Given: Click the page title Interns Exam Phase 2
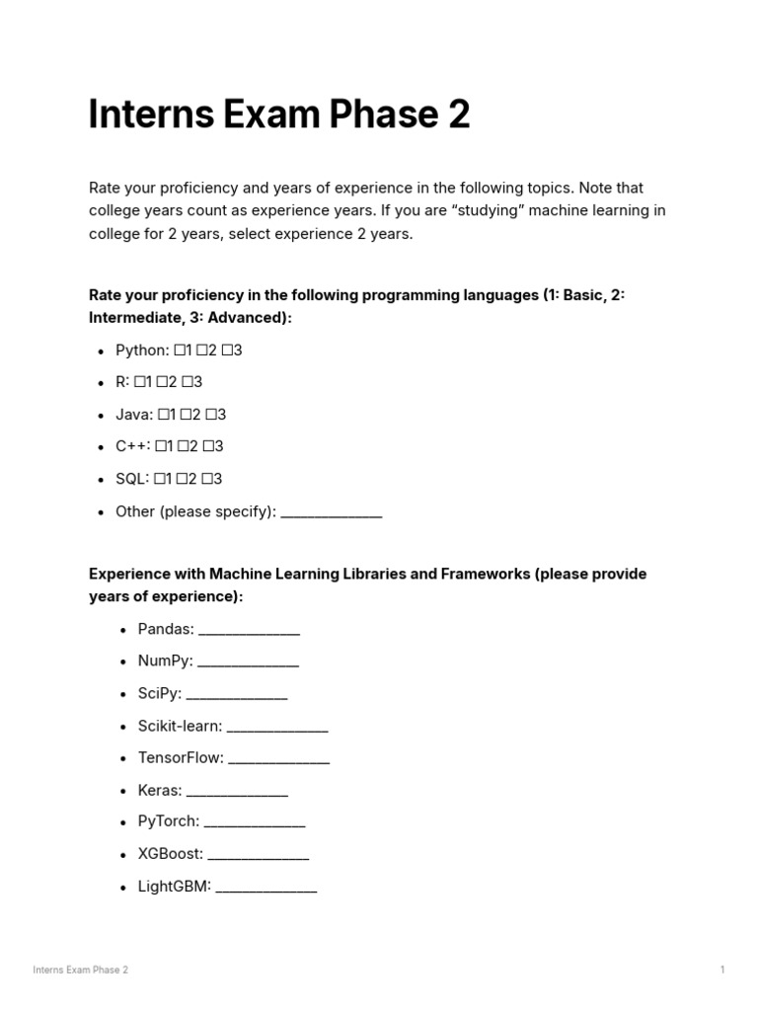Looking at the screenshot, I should (x=279, y=116).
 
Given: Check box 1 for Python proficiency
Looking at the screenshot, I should (x=180, y=350).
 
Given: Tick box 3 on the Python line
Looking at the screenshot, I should (x=226, y=350).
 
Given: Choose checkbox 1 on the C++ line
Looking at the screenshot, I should (x=161, y=446).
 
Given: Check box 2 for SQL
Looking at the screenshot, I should (x=184, y=479).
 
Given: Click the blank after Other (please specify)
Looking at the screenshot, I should (x=331, y=512).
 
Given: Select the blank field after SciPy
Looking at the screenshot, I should (x=237, y=694).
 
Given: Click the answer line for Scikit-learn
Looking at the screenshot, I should (x=277, y=727).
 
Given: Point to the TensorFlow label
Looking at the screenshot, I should (x=181, y=758).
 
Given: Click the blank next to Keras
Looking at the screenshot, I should (x=237, y=791).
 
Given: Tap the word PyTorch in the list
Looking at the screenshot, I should (x=168, y=821).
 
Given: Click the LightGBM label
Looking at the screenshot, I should (x=175, y=887).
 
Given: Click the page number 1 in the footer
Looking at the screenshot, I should (x=722, y=971).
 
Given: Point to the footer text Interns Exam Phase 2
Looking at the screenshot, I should (x=80, y=971).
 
